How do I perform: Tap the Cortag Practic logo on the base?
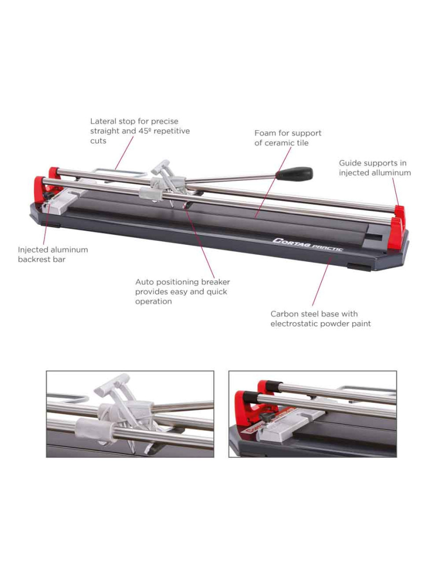[x=307, y=245]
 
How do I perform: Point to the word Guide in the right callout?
[x=349, y=163]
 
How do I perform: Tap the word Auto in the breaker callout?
[x=144, y=282]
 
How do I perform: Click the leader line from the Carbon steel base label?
[x=322, y=281]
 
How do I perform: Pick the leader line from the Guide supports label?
[x=396, y=191]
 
